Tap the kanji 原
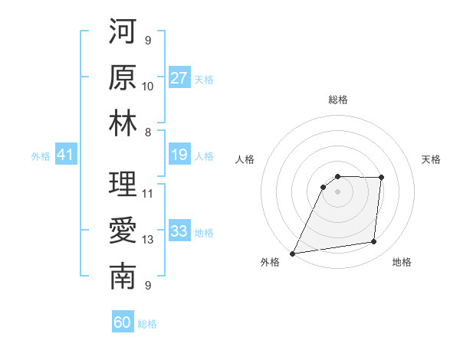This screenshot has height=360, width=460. [123, 78]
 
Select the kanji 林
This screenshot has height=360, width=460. [123, 123]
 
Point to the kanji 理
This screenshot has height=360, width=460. [123, 185]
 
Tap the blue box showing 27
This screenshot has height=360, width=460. [179, 78]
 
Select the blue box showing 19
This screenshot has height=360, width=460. [179, 155]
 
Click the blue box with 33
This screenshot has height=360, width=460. [179, 231]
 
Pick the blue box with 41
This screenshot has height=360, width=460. [65, 155]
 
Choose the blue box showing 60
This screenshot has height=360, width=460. [123, 322]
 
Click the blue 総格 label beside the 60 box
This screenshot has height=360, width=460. [147, 324]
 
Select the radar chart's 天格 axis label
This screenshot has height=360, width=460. [432, 159]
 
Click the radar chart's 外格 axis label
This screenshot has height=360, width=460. [270, 262]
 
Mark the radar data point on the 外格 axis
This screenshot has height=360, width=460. [292, 254]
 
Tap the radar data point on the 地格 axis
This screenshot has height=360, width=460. [374, 242]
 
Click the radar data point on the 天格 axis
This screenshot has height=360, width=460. [381, 178]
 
